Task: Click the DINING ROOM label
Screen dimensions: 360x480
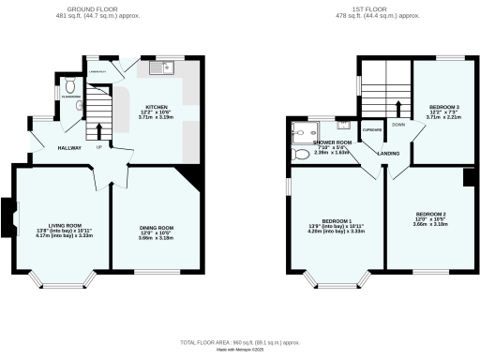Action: pos(158,228)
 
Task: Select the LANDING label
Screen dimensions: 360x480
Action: pos(389,153)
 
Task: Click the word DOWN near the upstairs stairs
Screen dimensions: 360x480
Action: pos(398,124)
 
